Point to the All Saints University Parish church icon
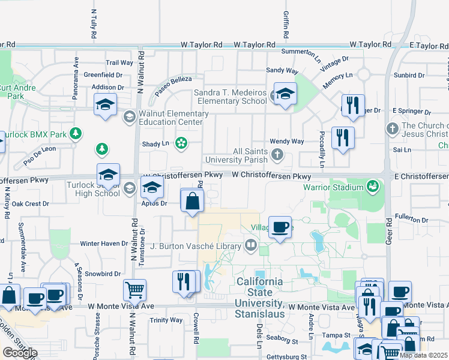coord(277,155)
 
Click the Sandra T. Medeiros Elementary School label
coord(231,97)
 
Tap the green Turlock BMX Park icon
coord(76,133)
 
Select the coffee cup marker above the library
coord(280,227)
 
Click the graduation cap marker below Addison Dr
coord(106,104)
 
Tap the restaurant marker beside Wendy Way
coord(343,137)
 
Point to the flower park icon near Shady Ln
coord(180,143)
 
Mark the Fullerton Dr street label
coord(412,220)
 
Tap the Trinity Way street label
coord(166,320)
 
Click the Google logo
coord(19,353)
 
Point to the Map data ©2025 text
coord(423,355)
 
